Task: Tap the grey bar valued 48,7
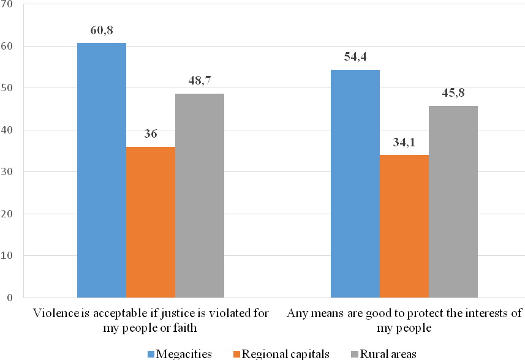(199, 195)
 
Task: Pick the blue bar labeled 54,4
(355, 184)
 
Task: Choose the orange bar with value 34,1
(404, 226)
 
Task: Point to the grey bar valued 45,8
(453, 201)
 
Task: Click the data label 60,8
(101, 29)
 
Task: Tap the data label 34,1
(404, 143)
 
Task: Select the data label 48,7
(199, 80)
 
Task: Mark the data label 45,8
(453, 92)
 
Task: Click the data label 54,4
(355, 56)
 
